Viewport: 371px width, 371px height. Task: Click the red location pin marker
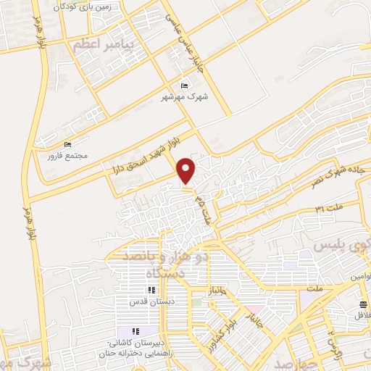pos(187,170)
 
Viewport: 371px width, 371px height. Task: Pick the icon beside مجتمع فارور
pos(69,144)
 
